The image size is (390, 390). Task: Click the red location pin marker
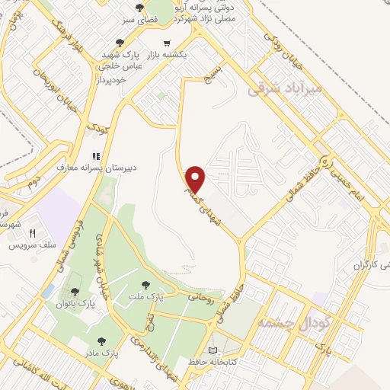coord(196,178)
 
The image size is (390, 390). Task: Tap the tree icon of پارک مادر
coord(102,340)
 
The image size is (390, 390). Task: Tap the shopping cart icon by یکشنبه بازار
coord(167,43)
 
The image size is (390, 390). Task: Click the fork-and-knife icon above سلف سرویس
coord(31,233)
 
